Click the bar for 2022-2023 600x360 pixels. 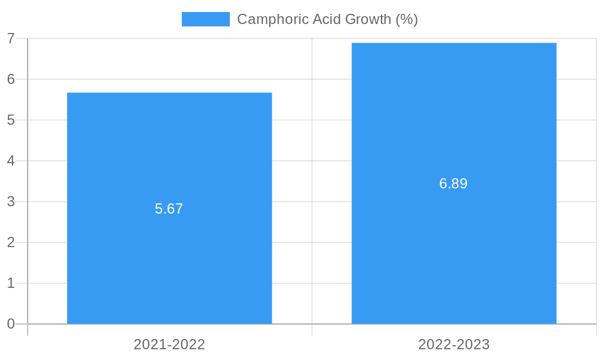tap(454, 252)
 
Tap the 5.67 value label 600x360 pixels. tap(169, 209)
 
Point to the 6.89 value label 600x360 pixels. tap(454, 184)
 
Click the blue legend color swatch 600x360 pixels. tap(205, 19)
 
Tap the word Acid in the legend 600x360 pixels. tap(322, 19)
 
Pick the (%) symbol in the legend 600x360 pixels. tap(407, 19)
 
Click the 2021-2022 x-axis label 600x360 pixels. tap(169, 344)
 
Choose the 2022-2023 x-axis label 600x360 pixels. tap(454, 344)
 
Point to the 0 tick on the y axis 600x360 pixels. tap(11, 324)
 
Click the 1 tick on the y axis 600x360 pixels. tap(11, 283)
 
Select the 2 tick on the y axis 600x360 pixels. tap(11, 242)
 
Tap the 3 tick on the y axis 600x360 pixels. tap(11, 202)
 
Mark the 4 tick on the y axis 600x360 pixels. tap(11, 161)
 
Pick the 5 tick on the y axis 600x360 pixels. tap(11, 120)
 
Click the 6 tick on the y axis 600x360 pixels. tap(11, 79)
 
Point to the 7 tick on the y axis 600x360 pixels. tap(11, 38)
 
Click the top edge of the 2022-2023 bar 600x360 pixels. tap(454, 43)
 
